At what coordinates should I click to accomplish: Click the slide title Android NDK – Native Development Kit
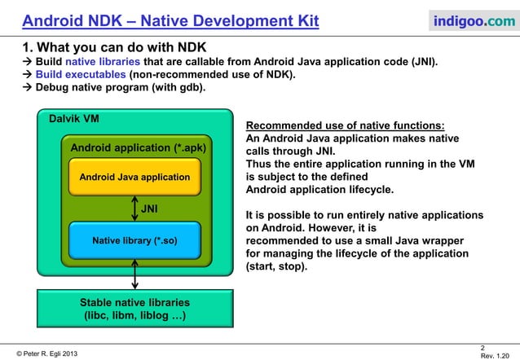(170, 19)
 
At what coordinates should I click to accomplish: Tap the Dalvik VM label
(75, 119)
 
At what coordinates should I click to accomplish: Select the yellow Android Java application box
(134, 177)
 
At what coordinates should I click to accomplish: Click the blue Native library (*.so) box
(134, 240)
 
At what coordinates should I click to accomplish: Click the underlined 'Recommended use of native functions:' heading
(346, 125)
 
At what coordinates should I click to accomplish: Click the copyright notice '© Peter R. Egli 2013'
(49, 352)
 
